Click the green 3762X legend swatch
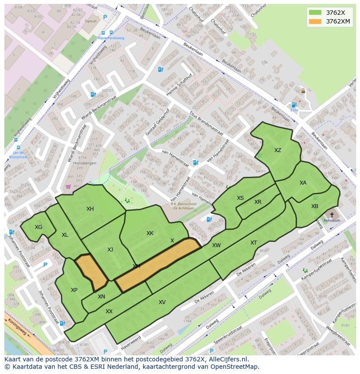pos(316,13)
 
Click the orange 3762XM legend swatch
pos(316,21)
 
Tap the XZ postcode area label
pos(278,150)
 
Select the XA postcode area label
pos(303,183)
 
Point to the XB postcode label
pos(315,206)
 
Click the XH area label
pos(90,209)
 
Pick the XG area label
pos(39,227)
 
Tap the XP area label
pos(74,290)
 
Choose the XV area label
pos(162,302)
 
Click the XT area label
pos(253,243)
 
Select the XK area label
pos(150,233)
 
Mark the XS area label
pos(240,198)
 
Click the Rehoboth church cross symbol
pos(332,215)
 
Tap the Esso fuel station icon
pos(294,105)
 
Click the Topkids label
pos(91,21)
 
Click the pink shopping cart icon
pos(68,186)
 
